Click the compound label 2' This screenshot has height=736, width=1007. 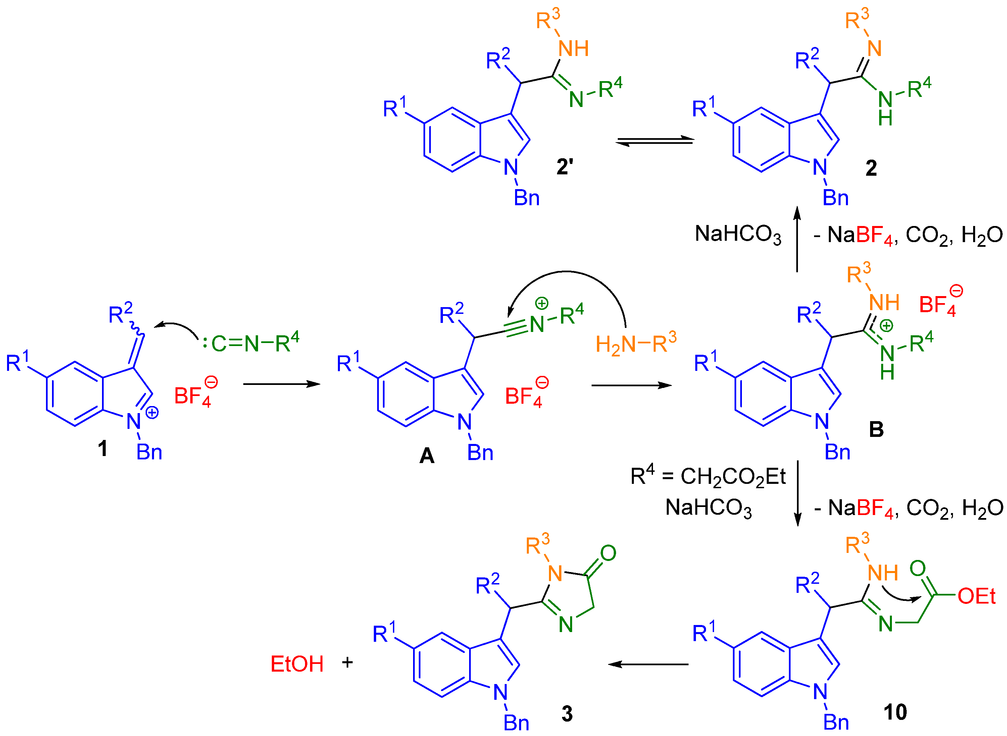pyautogui.click(x=564, y=167)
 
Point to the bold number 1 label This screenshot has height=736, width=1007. pyautogui.click(x=103, y=448)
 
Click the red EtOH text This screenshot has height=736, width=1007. pyautogui.click(x=297, y=664)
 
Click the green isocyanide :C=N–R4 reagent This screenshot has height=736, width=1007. pyautogui.click(x=251, y=343)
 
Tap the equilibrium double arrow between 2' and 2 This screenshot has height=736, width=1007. pyautogui.click(x=654, y=141)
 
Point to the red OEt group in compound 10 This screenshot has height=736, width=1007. pyautogui.click(x=976, y=596)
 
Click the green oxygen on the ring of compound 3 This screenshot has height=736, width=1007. pyautogui.click(x=608, y=553)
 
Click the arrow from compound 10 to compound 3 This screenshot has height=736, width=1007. pyautogui.click(x=648, y=664)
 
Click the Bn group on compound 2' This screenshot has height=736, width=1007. pyautogui.click(x=526, y=198)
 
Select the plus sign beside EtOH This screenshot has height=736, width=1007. pyautogui.click(x=347, y=663)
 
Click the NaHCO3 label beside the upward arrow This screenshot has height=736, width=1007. pyautogui.click(x=738, y=235)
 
